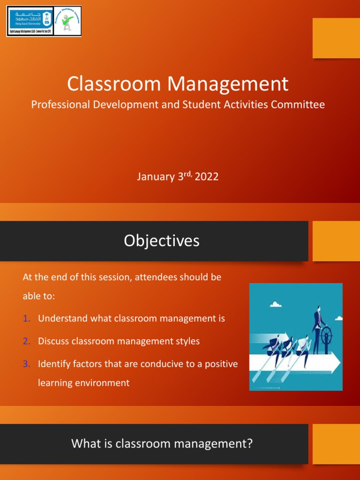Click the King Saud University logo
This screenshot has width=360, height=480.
click(30, 21)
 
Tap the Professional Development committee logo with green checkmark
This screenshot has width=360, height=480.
click(67, 21)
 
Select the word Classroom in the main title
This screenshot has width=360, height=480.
click(114, 84)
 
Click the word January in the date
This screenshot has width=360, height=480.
click(155, 177)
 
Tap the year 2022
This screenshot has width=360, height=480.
click(207, 177)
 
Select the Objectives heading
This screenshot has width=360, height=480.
click(162, 240)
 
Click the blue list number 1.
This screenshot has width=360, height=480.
click(27, 319)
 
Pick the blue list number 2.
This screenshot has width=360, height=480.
click(27, 341)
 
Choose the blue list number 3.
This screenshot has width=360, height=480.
click(27, 364)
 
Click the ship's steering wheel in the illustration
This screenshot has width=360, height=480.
click(326, 334)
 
